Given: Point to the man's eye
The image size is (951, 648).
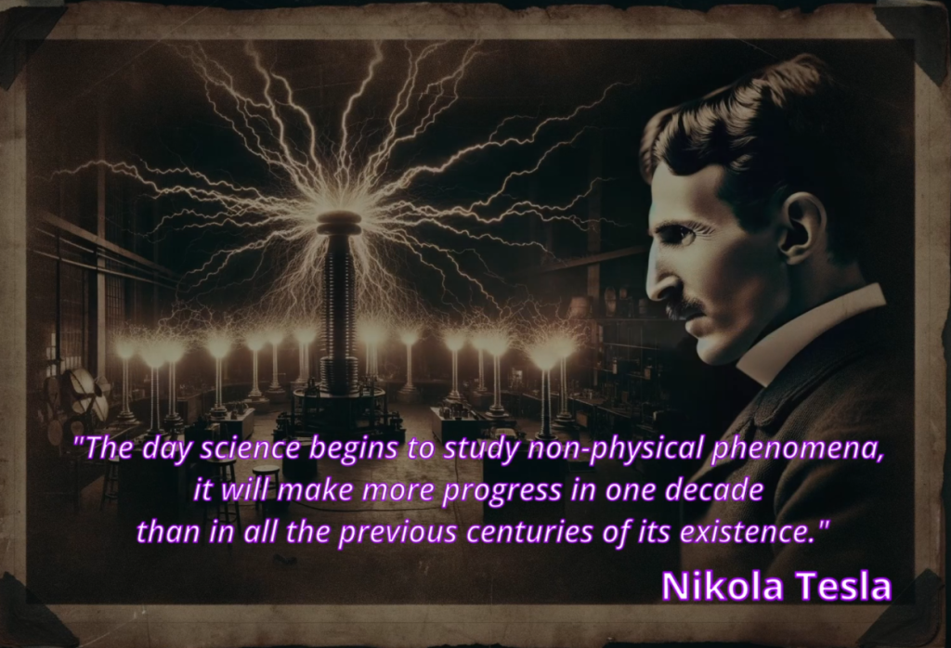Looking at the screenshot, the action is tap(684, 235).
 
